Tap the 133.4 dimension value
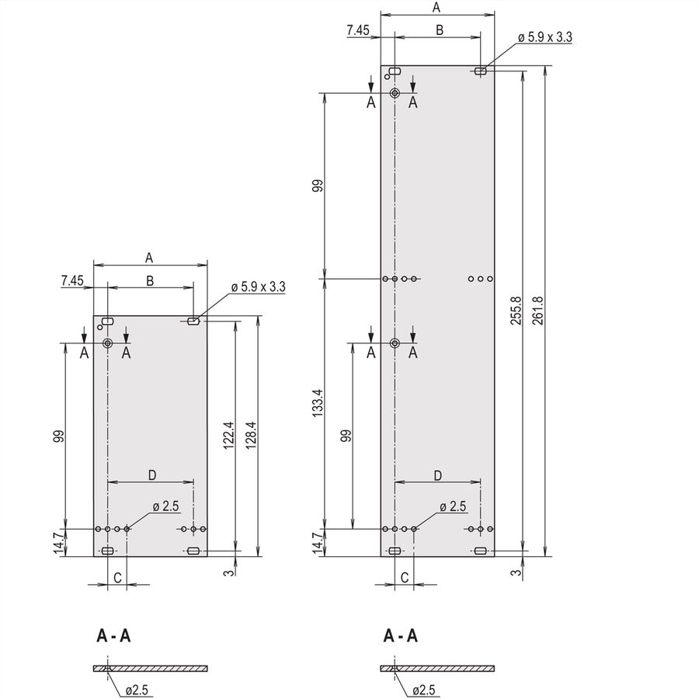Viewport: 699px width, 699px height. [x=317, y=403]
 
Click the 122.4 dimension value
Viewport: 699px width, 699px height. [x=228, y=435]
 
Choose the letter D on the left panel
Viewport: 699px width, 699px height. [x=152, y=475]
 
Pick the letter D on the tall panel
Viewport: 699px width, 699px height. [x=438, y=475]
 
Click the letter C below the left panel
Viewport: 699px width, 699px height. [x=117, y=578]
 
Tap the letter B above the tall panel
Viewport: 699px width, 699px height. [x=440, y=30]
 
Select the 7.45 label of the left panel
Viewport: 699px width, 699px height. [x=72, y=280]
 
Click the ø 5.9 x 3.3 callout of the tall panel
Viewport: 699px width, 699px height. [x=544, y=37]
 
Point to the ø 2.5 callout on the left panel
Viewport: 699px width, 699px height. [x=165, y=506]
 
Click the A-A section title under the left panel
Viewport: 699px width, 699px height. [x=113, y=635]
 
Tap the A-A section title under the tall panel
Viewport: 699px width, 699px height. [x=400, y=635]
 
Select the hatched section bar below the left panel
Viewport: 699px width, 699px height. [x=150, y=668]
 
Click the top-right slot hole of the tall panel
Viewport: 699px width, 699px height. [x=480, y=71]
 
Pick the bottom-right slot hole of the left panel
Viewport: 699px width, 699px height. [x=193, y=551]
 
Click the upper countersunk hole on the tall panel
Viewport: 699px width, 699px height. [x=395, y=93]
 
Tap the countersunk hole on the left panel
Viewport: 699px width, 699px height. [x=107, y=343]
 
